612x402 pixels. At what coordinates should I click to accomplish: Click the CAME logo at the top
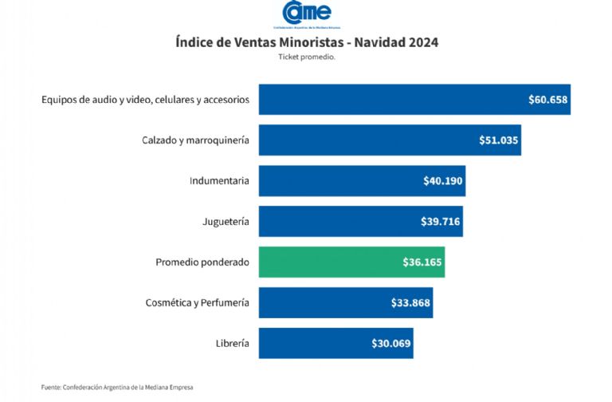coord(306,14)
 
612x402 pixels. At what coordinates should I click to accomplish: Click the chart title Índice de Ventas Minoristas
coord(307,41)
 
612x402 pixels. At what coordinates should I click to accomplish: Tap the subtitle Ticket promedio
coord(307,57)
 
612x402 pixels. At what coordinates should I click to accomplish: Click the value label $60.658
coord(547,100)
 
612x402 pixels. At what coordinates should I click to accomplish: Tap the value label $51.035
coord(499,140)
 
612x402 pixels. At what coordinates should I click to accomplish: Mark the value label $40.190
coord(443,181)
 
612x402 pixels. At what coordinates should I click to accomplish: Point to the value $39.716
coord(441,222)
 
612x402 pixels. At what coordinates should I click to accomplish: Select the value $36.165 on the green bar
coord(422,262)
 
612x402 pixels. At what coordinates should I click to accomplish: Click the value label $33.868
coord(411,303)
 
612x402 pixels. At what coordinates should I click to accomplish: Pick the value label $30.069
coord(391,344)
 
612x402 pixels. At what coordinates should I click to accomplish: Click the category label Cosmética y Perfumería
coord(197,303)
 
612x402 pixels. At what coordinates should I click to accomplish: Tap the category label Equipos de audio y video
coord(145,100)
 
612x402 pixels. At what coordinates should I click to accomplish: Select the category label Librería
coord(232,344)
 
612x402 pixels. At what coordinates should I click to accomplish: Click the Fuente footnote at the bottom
coord(117,388)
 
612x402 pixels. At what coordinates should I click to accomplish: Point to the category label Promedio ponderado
coord(202,262)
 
